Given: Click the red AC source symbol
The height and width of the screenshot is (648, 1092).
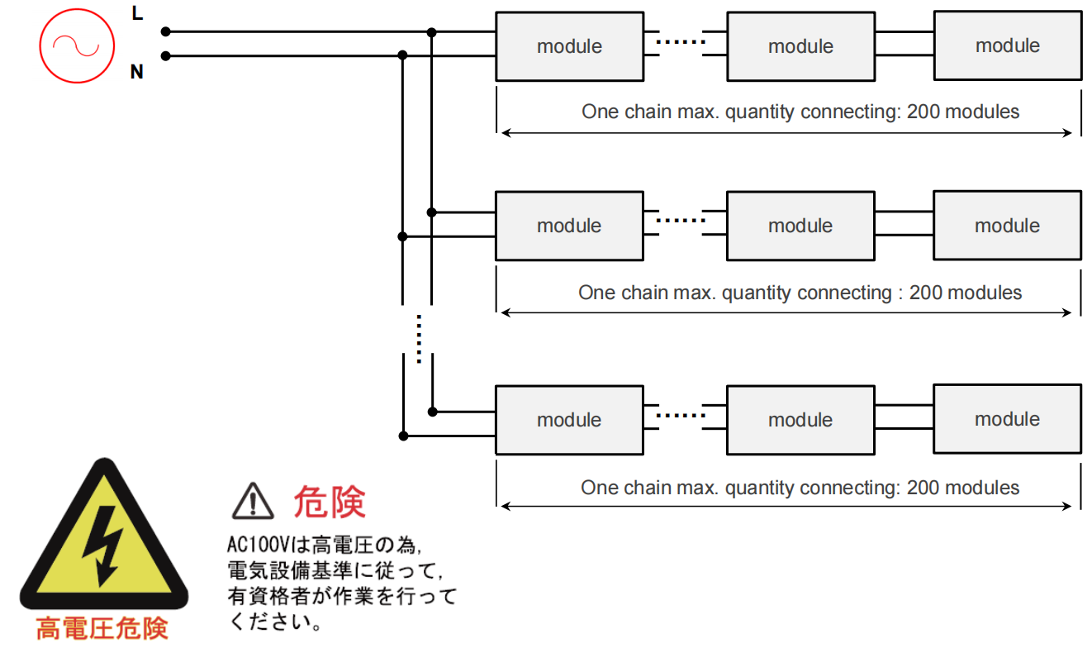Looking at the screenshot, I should pos(75,45).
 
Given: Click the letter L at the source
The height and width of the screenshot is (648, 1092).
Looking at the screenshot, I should pos(137,13).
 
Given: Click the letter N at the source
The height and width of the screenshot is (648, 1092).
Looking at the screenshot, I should pos(137,73).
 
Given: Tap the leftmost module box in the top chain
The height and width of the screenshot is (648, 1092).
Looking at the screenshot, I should pos(569,46).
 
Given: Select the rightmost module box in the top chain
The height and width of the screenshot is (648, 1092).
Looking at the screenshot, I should pos(1007,45).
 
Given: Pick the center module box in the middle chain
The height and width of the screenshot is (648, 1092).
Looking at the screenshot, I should pos(800,226).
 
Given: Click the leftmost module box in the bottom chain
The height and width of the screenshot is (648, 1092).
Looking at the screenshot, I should pos(569,419).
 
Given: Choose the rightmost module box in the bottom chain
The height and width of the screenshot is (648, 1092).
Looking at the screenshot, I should pos(1007,418).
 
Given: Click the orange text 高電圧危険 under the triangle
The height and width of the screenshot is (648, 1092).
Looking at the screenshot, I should pos(103,628).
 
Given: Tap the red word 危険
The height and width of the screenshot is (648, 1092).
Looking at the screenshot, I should pos(329,502).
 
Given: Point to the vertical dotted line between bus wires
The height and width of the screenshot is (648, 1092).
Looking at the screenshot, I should pos(419,339).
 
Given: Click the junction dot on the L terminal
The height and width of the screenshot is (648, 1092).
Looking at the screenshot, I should pos(165,31).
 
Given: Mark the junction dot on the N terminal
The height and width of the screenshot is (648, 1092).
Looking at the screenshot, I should pos(165,56).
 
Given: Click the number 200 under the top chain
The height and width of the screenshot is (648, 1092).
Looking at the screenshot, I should pos(923,112).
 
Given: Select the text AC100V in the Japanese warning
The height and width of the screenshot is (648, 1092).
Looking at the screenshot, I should pos(256,546).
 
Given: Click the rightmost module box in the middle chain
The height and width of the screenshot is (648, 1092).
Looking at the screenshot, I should pos(1007,226).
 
